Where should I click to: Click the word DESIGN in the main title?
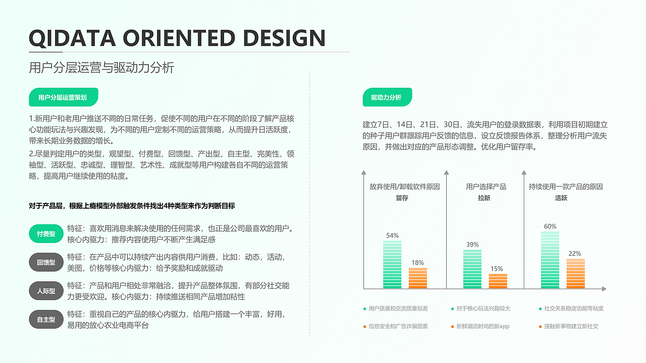[x=284, y=38]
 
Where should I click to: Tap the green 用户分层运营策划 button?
[x=63, y=97]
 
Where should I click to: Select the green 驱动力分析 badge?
[x=387, y=97]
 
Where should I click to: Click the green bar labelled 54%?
[x=392, y=264]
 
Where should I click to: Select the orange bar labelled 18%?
[x=417, y=278]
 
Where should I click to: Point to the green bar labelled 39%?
[x=472, y=269]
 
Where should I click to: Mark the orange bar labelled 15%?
[x=498, y=281]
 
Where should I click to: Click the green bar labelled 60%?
[x=550, y=260]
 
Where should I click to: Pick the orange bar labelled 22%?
[x=575, y=273]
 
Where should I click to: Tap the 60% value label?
[x=550, y=226]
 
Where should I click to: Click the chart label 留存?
[x=402, y=198]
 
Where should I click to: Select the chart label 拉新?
[x=484, y=198]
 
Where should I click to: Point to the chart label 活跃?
[x=561, y=198]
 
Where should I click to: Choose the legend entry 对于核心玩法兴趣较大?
[x=483, y=309]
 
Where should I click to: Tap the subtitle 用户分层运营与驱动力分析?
[x=101, y=68]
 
